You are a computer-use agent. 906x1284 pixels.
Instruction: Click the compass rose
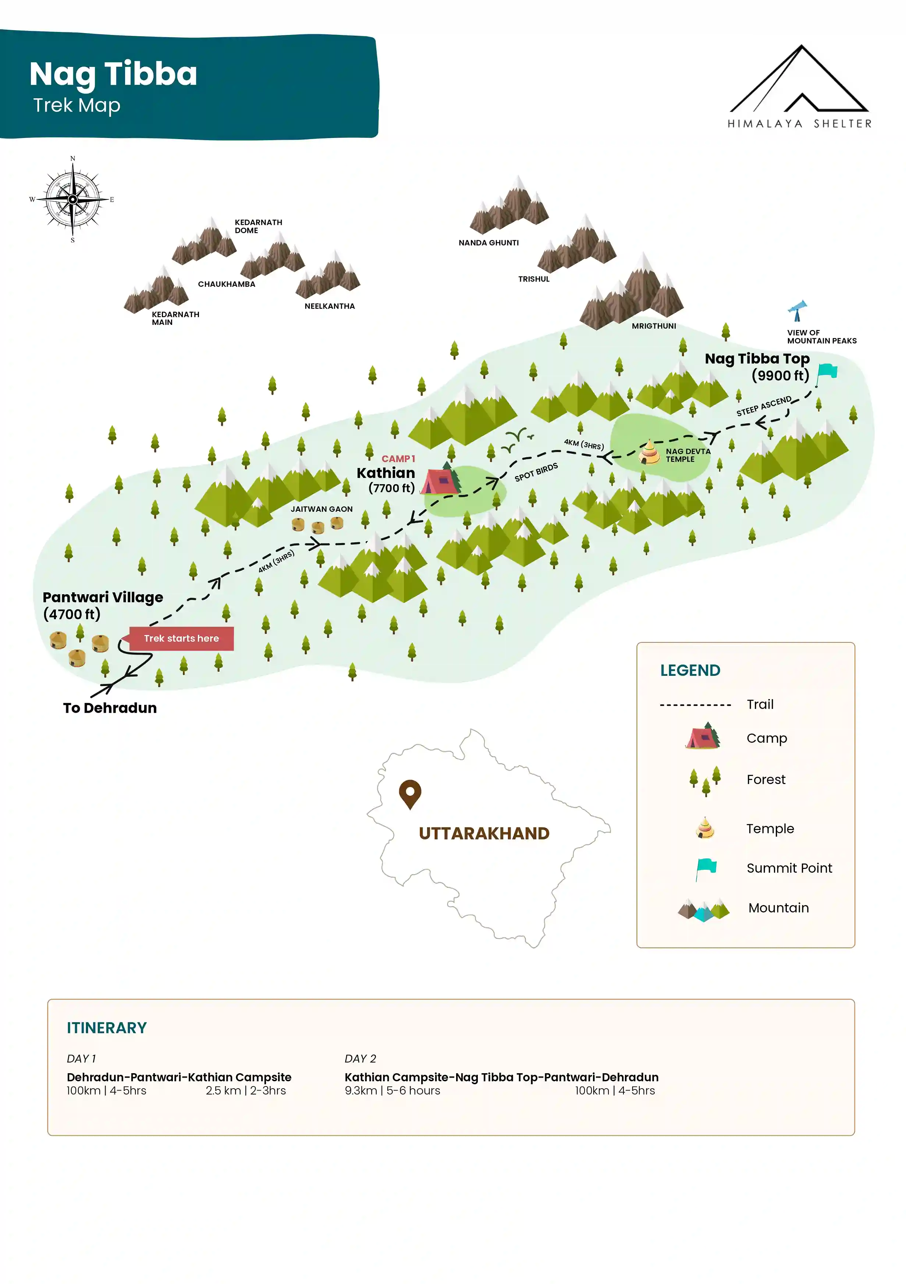tap(73, 199)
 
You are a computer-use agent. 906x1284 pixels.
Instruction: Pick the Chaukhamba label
tap(227, 284)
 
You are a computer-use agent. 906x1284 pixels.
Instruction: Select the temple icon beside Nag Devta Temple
tap(649, 453)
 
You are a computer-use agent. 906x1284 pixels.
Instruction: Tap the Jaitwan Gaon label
tap(321, 509)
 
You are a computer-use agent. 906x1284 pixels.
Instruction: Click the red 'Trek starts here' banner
tap(181, 639)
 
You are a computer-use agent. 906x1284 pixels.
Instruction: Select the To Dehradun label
tap(110, 708)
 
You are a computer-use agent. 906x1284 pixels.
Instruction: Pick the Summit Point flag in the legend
tap(706, 869)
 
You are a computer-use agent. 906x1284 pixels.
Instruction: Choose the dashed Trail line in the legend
tap(695, 705)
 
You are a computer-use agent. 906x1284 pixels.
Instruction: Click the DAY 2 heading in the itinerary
tap(360, 1058)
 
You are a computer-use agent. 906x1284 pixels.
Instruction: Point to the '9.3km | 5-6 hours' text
tap(392, 1090)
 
